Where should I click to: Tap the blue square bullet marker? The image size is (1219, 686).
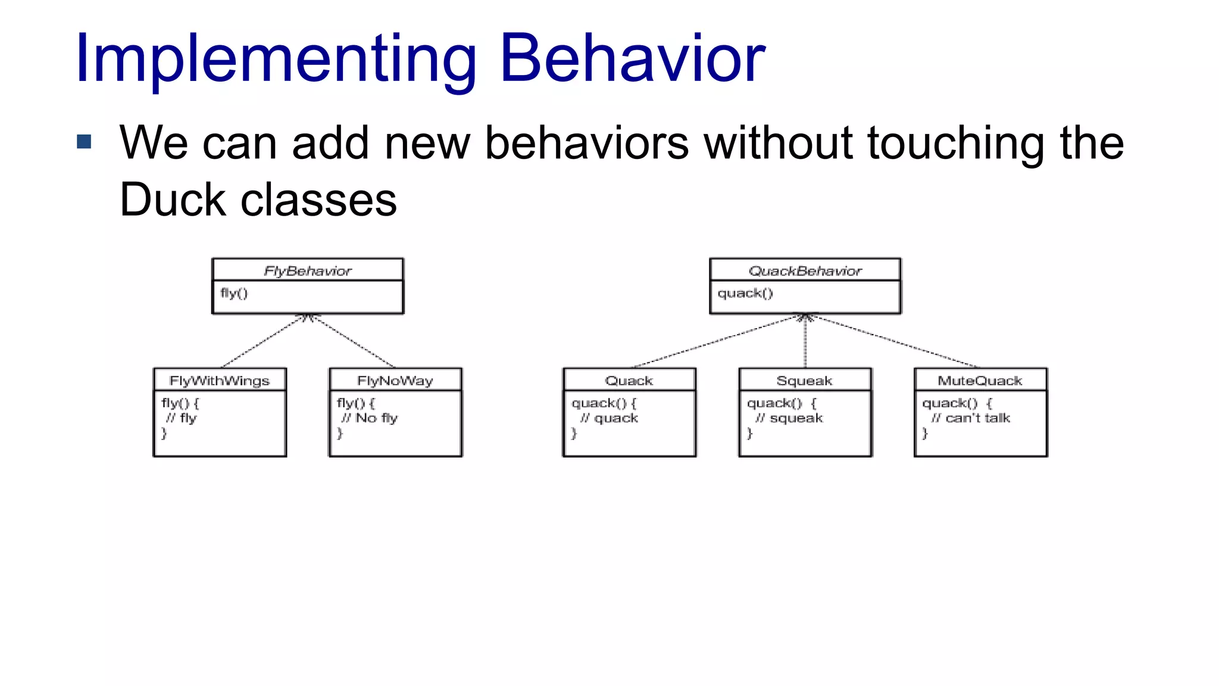85,142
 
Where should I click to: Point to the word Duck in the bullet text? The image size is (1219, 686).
173,200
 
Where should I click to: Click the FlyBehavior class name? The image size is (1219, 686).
308,271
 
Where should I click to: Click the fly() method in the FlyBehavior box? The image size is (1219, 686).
234,293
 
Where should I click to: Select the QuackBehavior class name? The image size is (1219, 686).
805,271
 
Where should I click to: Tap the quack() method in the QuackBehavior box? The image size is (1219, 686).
745,293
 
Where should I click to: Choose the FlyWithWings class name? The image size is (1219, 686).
220,381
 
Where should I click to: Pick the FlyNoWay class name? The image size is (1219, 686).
395,381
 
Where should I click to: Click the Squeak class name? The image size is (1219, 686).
804,381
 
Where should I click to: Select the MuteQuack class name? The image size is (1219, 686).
980,381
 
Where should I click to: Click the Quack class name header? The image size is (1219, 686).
629,381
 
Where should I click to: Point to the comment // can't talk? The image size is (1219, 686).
971,418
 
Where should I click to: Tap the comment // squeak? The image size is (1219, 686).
789,418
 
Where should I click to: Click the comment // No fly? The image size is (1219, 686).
370,418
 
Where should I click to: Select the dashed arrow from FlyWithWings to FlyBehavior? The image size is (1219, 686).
262,342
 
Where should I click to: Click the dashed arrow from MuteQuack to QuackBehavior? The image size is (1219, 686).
893,341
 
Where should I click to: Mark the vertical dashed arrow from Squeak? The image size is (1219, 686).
805,342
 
